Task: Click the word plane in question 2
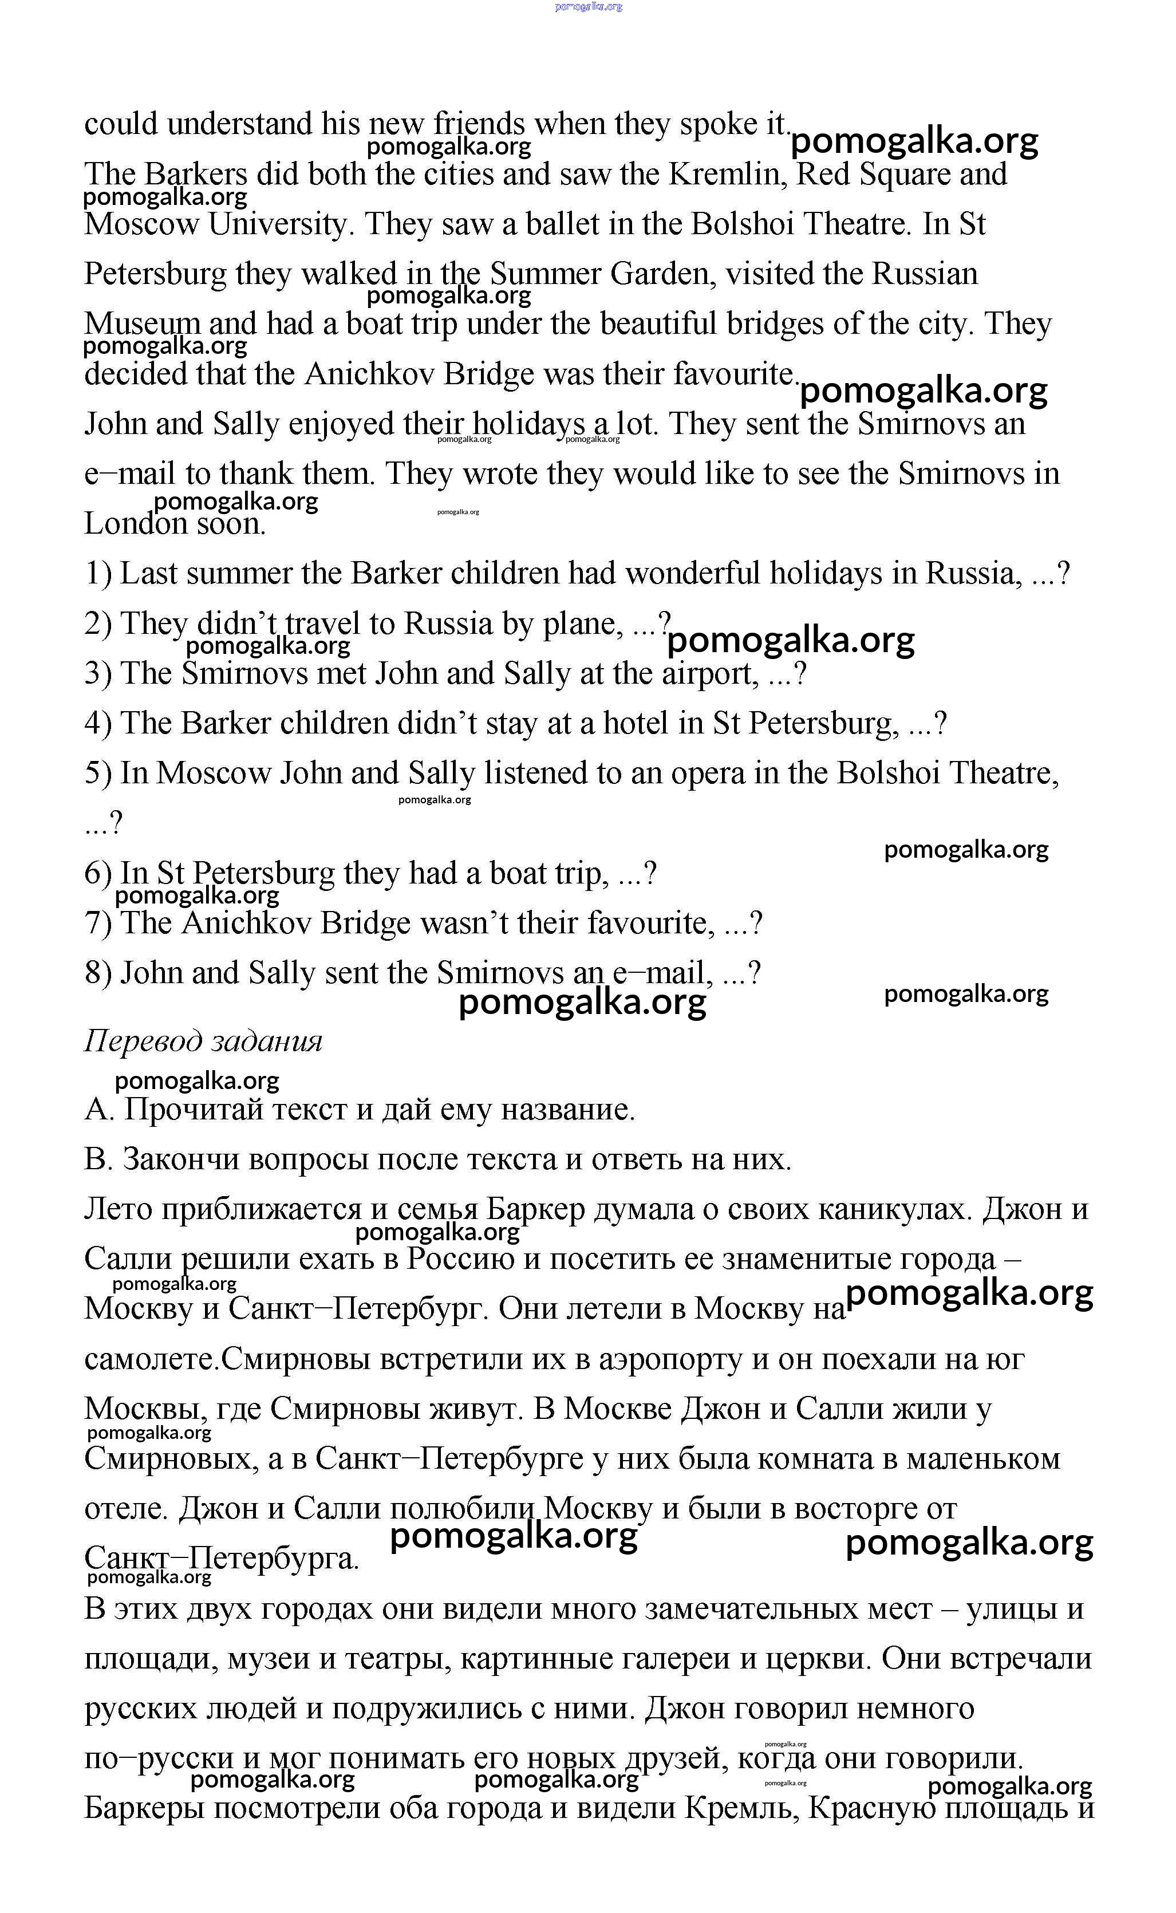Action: coord(579,625)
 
